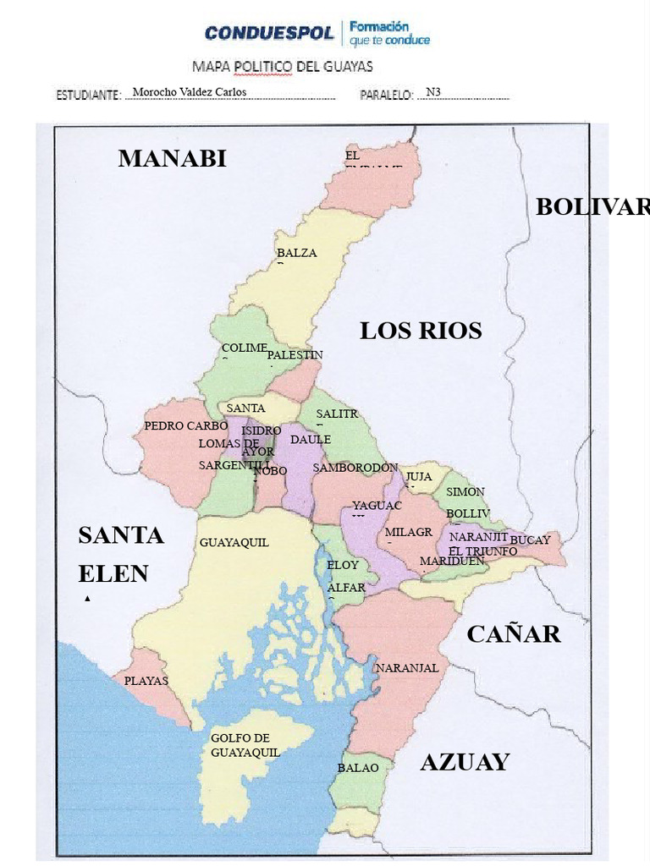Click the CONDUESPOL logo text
click(x=270, y=34)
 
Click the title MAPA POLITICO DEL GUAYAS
click(x=283, y=66)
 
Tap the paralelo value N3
click(x=433, y=92)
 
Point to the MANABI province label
click(x=172, y=158)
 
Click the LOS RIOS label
click(x=421, y=331)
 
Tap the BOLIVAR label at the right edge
click(x=592, y=207)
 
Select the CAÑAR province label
click(x=513, y=634)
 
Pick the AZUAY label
click(x=465, y=762)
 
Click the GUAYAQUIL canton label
click(x=234, y=543)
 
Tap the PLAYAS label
click(x=146, y=681)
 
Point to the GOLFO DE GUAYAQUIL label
click(x=245, y=745)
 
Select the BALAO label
click(x=353, y=768)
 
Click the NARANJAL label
click(x=407, y=668)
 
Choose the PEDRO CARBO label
click(x=186, y=426)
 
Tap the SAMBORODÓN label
click(x=355, y=468)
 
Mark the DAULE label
click(x=311, y=440)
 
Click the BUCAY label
click(x=530, y=540)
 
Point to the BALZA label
click(x=296, y=253)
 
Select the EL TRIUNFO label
click(x=484, y=551)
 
